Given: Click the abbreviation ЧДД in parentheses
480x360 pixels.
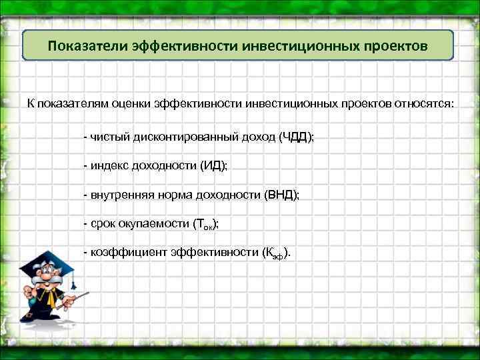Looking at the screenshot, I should point(294,137).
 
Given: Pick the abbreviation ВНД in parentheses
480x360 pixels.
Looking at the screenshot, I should point(281,195).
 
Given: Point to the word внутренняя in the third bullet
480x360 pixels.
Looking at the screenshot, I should point(120,195).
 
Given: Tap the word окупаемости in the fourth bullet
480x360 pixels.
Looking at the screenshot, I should point(152,225).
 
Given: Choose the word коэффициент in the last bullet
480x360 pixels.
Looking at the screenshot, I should point(122,253).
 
